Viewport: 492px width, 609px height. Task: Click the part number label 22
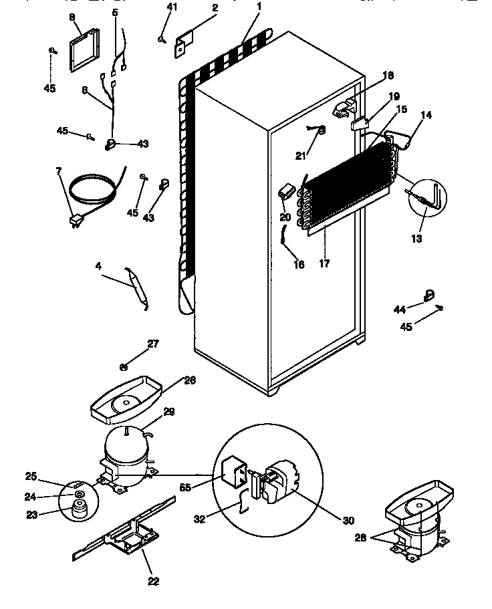click(x=153, y=581)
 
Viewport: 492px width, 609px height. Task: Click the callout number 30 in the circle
click(x=347, y=520)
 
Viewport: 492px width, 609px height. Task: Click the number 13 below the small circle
click(x=416, y=238)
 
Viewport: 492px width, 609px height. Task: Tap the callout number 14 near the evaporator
click(x=426, y=115)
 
